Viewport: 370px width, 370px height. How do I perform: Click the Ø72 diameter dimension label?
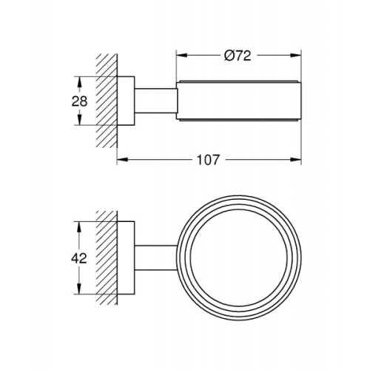coord(238,55)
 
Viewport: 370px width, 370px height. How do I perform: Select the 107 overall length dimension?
coord(207,160)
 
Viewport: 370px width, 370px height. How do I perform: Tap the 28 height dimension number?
coord(79,101)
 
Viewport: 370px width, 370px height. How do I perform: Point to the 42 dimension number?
coord(79,258)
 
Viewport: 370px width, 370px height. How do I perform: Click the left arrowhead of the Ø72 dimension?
coord(181,55)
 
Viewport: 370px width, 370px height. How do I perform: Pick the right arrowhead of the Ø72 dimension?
coord(296,55)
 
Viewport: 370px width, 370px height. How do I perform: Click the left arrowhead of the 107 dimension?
coord(122,160)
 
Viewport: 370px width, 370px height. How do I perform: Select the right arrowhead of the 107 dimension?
coord(296,160)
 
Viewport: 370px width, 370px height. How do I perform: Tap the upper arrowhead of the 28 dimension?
coord(79,82)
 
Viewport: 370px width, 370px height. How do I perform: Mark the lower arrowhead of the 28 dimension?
coord(79,120)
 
